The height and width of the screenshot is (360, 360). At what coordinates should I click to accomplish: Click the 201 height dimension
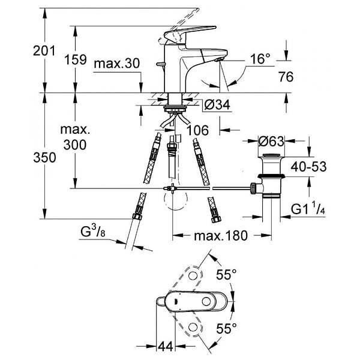44,51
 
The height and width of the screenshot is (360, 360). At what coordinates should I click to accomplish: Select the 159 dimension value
76,59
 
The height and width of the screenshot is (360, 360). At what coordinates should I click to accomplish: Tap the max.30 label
116,63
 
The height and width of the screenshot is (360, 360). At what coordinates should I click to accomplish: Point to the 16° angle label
260,59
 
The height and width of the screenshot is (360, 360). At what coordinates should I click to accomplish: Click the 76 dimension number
286,77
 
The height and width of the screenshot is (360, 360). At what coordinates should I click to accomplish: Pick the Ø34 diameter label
217,105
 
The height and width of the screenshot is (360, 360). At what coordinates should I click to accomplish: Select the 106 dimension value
197,130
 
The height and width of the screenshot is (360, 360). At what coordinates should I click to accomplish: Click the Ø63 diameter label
271,141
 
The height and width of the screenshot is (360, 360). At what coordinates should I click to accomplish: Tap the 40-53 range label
308,166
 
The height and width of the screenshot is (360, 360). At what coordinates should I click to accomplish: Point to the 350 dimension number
44,158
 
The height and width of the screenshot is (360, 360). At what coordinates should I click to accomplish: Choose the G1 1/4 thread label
308,209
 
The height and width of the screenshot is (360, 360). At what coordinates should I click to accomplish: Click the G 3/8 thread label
93,231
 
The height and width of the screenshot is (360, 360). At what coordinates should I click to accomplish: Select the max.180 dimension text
221,236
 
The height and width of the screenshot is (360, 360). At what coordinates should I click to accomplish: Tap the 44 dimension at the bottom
166,346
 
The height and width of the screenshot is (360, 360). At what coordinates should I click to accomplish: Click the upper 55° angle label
226,274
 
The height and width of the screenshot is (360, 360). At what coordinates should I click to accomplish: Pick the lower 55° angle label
226,328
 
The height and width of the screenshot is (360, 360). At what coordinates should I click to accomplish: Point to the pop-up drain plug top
271,155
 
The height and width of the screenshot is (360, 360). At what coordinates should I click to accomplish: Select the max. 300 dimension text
75,137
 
